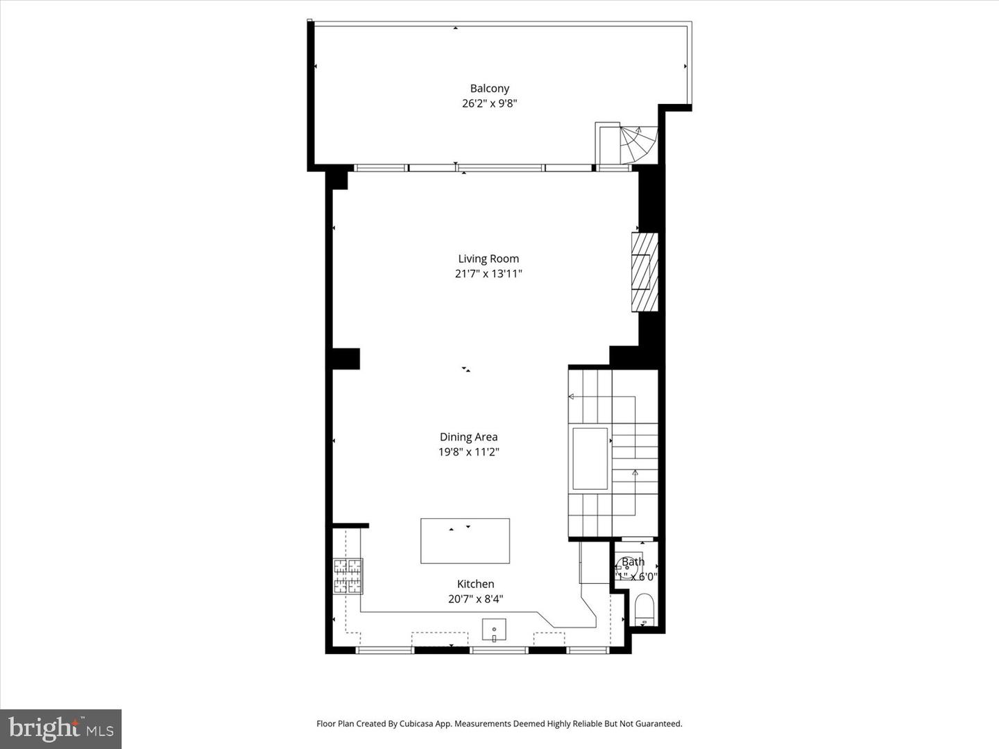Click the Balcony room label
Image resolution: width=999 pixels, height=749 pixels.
489,88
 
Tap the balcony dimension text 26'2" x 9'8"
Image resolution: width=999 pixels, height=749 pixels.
489,103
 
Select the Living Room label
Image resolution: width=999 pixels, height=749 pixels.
488,259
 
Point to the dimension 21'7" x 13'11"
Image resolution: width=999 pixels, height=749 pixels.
488,274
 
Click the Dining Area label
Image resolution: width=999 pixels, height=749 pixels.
468,437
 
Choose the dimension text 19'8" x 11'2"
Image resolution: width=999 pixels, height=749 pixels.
468,452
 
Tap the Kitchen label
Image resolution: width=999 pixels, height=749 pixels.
475,584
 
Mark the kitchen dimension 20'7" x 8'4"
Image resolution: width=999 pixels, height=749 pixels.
475,599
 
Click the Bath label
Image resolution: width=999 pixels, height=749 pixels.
633,562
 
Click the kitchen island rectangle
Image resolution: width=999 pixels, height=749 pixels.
465,541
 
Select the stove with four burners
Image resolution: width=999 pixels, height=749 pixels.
348,576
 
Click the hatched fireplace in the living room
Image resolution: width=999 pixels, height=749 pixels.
644,272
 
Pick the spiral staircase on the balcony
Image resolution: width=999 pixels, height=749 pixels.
637,144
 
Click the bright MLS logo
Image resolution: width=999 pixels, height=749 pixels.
61,728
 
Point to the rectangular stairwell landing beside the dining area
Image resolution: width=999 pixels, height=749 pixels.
590,458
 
